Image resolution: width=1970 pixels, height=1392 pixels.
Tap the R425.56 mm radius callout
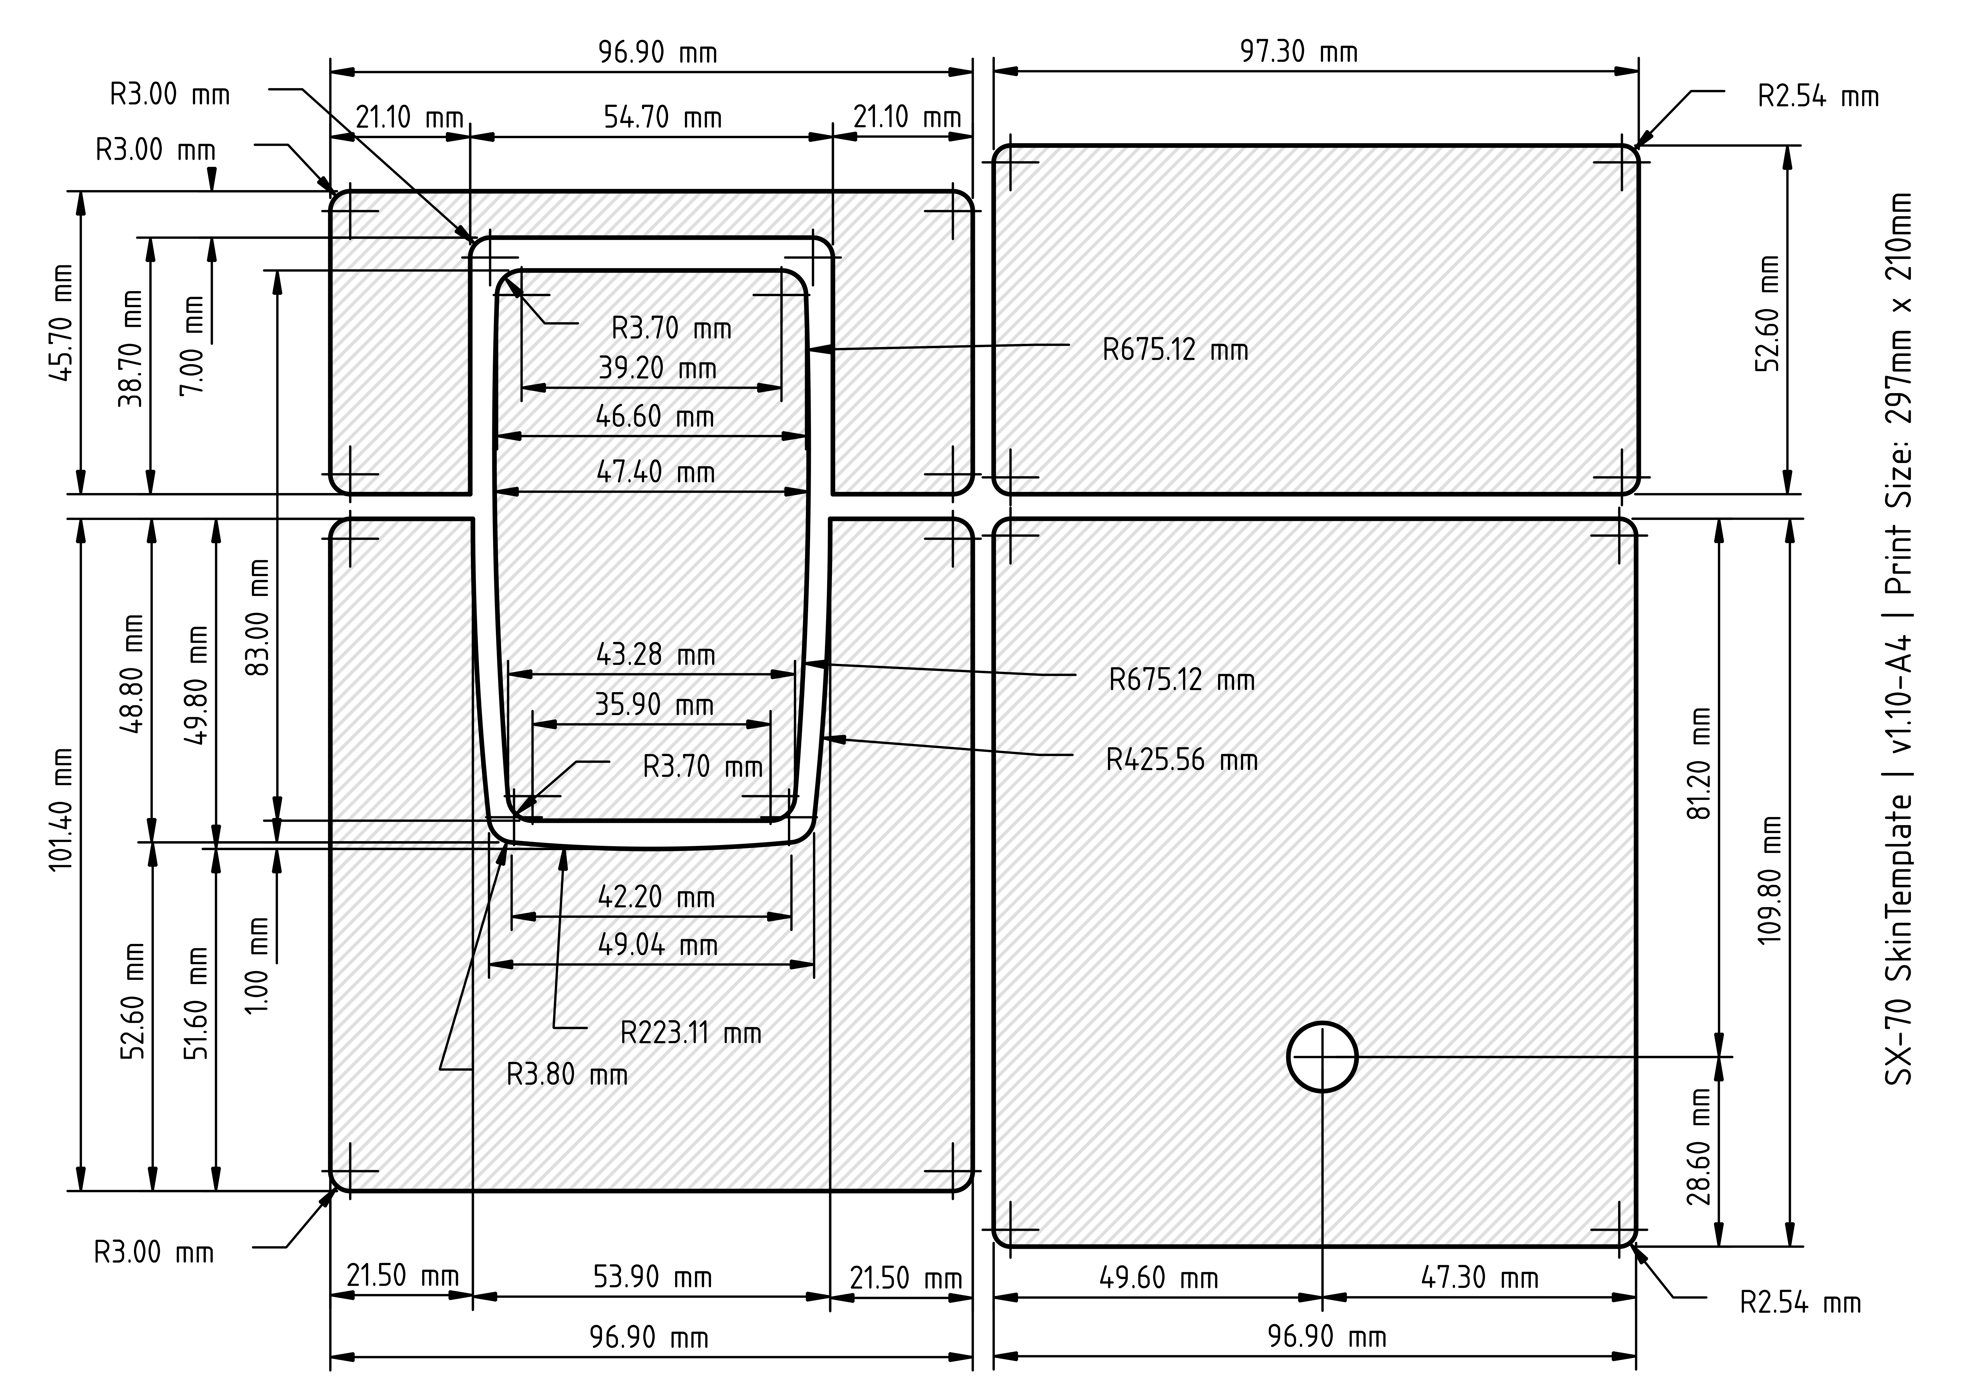1182,760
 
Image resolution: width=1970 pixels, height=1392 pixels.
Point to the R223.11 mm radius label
691,1033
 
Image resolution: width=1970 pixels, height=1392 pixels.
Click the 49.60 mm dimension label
1158,1278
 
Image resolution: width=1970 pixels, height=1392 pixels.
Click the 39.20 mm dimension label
657,368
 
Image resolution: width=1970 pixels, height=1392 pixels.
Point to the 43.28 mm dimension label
656,655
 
